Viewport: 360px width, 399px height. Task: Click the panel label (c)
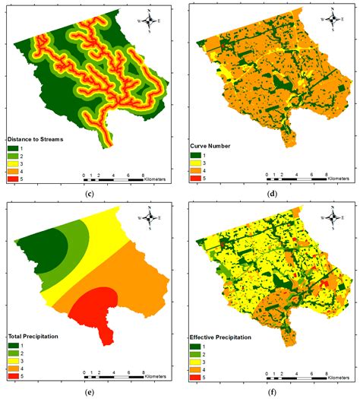click(90, 193)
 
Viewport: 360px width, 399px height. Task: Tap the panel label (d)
click(270, 193)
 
